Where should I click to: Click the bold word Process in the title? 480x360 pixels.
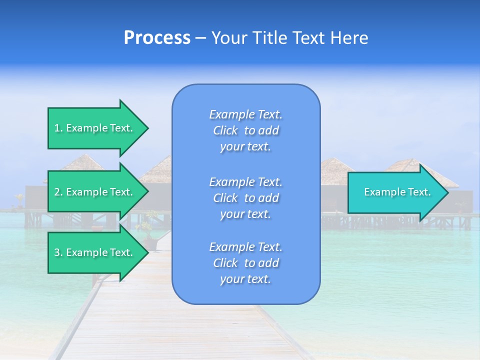coord(157,37)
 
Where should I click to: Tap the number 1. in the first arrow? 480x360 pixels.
coord(58,128)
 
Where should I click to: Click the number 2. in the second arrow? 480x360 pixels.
coord(58,192)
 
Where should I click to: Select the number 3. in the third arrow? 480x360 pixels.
coord(58,252)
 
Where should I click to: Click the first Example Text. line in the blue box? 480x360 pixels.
coord(246,114)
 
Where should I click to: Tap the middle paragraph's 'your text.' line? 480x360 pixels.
coord(245,214)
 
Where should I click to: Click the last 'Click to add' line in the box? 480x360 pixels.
coord(245,263)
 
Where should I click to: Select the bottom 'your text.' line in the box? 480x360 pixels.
coord(245,279)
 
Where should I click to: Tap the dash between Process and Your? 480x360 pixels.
coord(201,38)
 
